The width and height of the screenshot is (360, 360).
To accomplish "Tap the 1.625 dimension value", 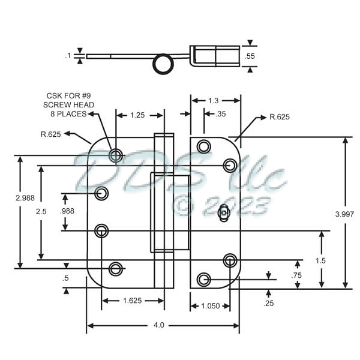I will coord(132,301).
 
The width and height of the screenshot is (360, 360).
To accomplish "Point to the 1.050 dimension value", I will coord(210,306).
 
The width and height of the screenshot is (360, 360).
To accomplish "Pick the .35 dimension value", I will coord(219,113).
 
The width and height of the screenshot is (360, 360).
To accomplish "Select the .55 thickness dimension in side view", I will coord(251,56).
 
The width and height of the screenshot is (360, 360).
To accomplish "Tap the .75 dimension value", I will coord(295,274).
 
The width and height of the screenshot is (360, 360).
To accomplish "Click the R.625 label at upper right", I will coord(280,116).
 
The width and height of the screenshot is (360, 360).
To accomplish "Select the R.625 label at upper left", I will coord(51,134).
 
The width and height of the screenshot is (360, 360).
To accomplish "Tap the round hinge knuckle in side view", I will coord(163,64).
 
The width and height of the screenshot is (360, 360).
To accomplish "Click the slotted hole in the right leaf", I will coord(224,212).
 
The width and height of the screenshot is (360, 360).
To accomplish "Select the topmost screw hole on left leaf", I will coord(115,155).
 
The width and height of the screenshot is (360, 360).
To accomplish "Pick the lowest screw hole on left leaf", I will coord(115,268).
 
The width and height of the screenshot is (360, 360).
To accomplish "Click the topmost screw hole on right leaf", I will coord(204,146).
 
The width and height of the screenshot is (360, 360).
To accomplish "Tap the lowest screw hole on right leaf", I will coord(204,279).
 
